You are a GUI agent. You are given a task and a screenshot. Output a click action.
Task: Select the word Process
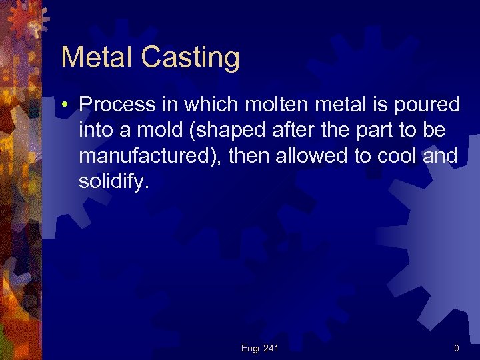tap(118, 105)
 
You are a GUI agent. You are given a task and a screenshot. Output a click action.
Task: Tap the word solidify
tap(111, 182)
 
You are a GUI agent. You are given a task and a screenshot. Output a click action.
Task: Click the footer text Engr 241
tap(260, 348)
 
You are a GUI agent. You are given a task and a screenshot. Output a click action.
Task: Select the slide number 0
tap(456, 348)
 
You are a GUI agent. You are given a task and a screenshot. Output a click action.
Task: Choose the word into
tap(95, 130)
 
